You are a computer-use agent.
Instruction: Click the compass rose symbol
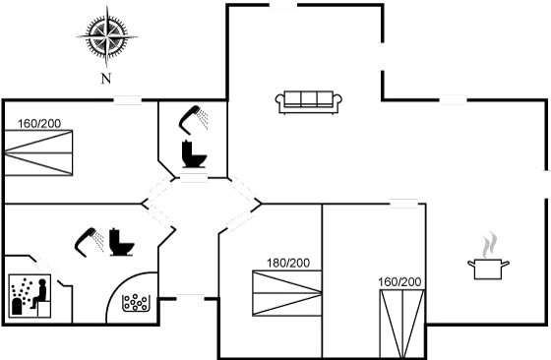pyautogui.click(x=105, y=36)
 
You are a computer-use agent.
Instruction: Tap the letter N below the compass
pyautogui.click(x=105, y=75)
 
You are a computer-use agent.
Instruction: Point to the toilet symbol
pyautogui.click(x=120, y=242)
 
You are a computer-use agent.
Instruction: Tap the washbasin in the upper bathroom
pyautogui.click(x=195, y=159)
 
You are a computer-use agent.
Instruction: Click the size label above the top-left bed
pyautogui.click(x=39, y=125)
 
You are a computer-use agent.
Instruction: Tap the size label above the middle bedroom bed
pyautogui.click(x=288, y=263)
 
